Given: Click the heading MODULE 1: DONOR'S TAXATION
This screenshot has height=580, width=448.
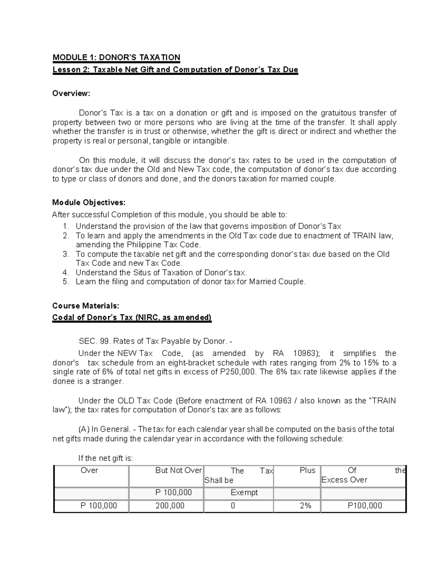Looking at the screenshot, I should point(116,58).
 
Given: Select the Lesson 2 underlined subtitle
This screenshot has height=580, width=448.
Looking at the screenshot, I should point(175,70).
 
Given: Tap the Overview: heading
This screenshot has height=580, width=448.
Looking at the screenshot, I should point(71,93).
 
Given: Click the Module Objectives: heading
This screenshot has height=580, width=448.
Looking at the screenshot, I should point(89,203).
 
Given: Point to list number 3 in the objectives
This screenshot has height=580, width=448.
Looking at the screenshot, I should point(66,254).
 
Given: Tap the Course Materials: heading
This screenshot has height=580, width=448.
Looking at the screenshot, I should point(86,306).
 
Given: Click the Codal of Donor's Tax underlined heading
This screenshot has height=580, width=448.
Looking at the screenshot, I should point(132,318).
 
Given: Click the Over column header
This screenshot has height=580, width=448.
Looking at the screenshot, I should point(90,471).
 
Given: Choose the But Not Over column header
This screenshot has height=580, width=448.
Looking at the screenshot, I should point(178,471).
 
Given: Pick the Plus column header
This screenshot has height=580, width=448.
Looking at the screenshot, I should point(307,471).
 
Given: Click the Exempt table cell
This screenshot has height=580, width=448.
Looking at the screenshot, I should point(244,493).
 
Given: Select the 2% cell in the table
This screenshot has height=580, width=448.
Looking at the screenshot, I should point(305,506).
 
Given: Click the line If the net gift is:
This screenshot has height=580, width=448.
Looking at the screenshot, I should point(105,458).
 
